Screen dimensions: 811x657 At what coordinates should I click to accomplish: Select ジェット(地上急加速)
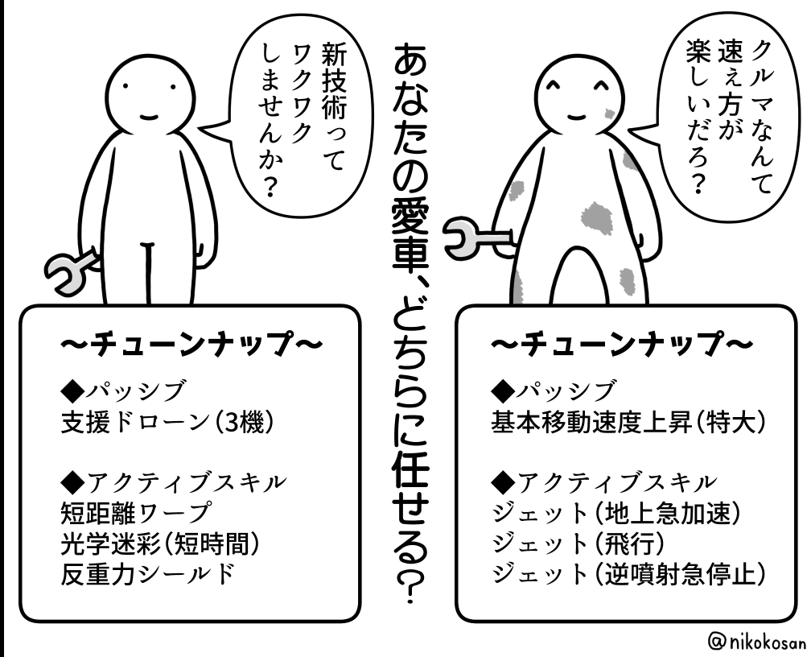tap(615, 512)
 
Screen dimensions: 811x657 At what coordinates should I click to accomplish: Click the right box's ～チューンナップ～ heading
tap(622, 345)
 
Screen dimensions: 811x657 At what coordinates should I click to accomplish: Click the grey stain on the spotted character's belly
tap(596, 214)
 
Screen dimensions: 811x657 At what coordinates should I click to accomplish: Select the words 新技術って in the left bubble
tap(331, 105)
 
